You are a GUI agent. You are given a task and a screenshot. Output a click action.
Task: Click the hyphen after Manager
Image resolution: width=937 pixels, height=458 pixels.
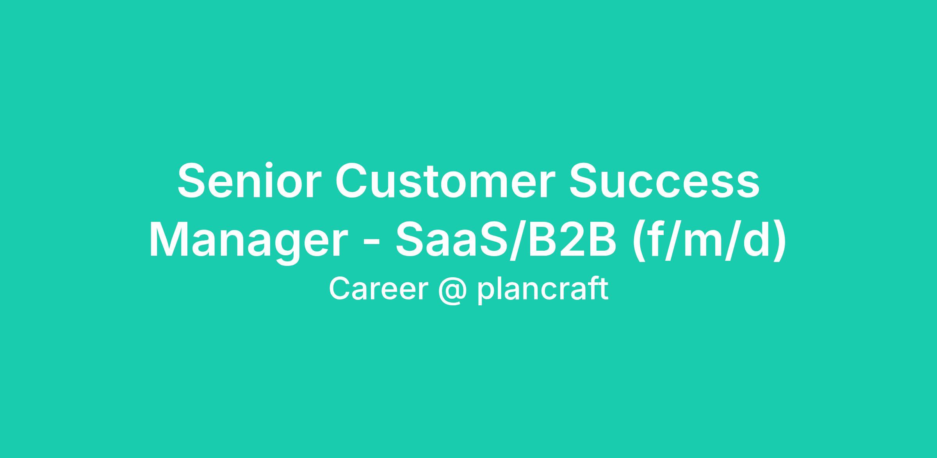[x=371, y=244]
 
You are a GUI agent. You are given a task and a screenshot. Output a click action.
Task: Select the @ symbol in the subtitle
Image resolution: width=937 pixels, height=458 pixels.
[x=452, y=291]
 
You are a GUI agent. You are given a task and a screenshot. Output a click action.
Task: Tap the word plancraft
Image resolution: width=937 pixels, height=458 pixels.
[x=543, y=291]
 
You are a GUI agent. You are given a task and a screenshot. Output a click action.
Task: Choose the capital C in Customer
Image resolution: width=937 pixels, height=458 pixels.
[x=353, y=181]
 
